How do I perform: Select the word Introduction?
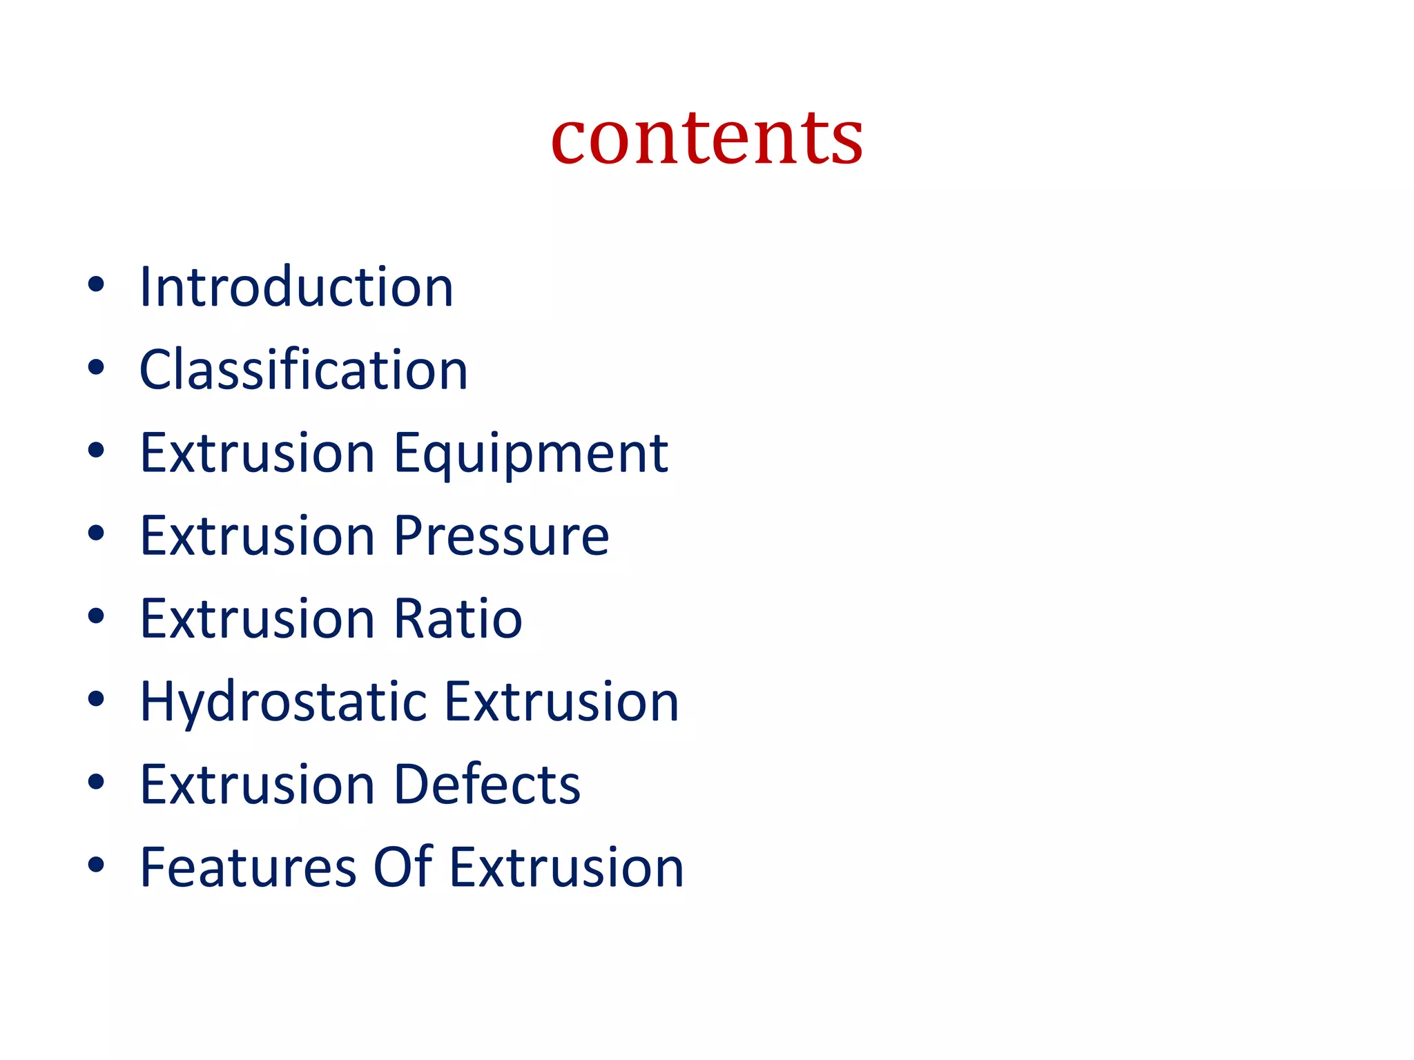coord(296,287)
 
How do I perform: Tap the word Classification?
coord(304,370)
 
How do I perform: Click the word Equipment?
coord(530,454)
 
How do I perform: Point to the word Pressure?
coord(501,536)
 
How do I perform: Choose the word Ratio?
coord(458,618)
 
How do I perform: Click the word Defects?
coord(487,785)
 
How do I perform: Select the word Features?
coord(248,867)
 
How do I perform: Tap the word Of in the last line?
coord(403,867)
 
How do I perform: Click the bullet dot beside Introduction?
coord(96,284)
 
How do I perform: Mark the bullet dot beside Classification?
coord(96,367)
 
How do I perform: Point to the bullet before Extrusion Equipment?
coord(96,450)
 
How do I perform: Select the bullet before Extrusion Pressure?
coord(96,533)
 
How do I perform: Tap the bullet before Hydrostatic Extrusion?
coord(96,698)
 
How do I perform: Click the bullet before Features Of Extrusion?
coord(96,864)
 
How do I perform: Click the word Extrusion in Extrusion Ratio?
coord(258,618)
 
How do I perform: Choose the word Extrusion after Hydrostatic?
coord(561,702)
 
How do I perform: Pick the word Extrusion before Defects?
coord(258,785)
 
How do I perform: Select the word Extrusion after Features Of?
coord(566,867)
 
